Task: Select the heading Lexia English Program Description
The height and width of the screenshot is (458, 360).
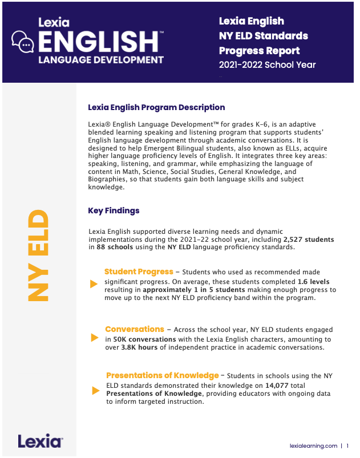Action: tap(156, 107)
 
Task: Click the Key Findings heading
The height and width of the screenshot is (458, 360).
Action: tap(114, 210)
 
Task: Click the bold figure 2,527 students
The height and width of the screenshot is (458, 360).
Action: tap(309, 240)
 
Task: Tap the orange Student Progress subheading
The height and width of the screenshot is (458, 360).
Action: tap(139, 272)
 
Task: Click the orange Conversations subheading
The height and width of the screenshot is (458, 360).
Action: tap(135, 329)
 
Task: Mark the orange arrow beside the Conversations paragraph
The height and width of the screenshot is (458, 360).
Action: tap(95, 338)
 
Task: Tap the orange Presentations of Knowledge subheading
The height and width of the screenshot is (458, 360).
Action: tap(163, 375)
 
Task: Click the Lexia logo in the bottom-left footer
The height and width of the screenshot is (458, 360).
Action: tap(40, 441)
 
